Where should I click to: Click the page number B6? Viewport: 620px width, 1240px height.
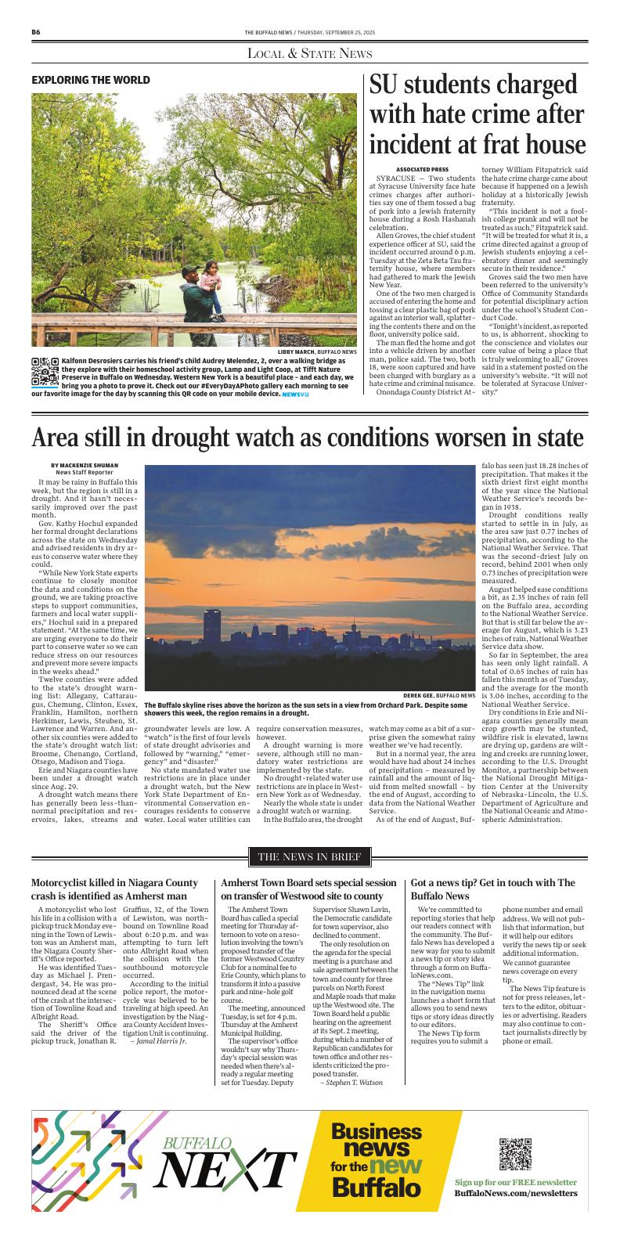tap(36, 32)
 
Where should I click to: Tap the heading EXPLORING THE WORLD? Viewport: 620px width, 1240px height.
tap(91, 80)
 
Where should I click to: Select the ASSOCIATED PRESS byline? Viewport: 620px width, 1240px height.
tap(422, 170)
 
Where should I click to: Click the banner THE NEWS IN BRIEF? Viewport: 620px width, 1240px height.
tap(309, 856)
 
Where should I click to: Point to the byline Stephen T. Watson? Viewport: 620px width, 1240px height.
tap(352, 1082)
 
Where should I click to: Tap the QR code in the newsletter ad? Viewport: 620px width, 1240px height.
tap(515, 1154)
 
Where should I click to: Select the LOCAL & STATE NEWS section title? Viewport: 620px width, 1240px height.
tap(309, 53)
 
